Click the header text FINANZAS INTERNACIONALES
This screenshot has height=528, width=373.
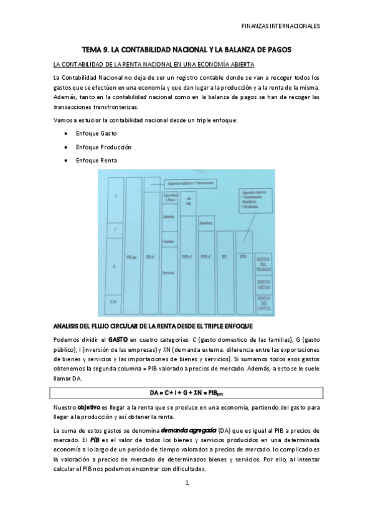point(281,27)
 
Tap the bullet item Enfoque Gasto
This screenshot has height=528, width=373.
point(96,133)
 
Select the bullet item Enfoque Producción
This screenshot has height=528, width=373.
point(103,147)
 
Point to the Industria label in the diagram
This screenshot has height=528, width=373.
point(168,217)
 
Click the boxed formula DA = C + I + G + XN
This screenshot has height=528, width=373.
point(187,394)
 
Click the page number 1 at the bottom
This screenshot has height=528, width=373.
point(186,482)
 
